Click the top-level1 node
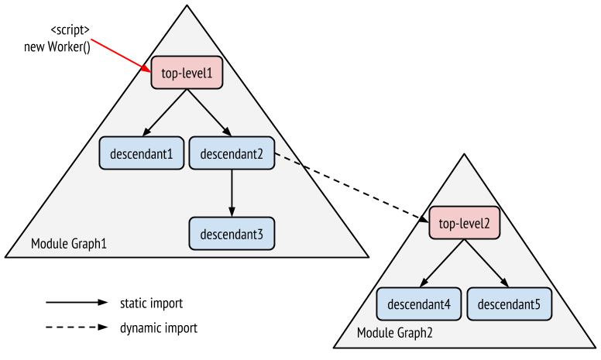187,73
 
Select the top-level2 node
464,224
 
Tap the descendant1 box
141,153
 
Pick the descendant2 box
232,153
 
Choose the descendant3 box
232,233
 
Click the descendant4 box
419,303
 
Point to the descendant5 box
509,303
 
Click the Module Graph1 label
69,245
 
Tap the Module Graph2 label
395,333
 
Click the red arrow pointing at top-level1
120,53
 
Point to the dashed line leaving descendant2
287,160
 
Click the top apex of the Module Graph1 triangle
187,9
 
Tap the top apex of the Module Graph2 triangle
465,157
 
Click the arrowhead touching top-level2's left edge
425,222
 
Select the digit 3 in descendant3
261,234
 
